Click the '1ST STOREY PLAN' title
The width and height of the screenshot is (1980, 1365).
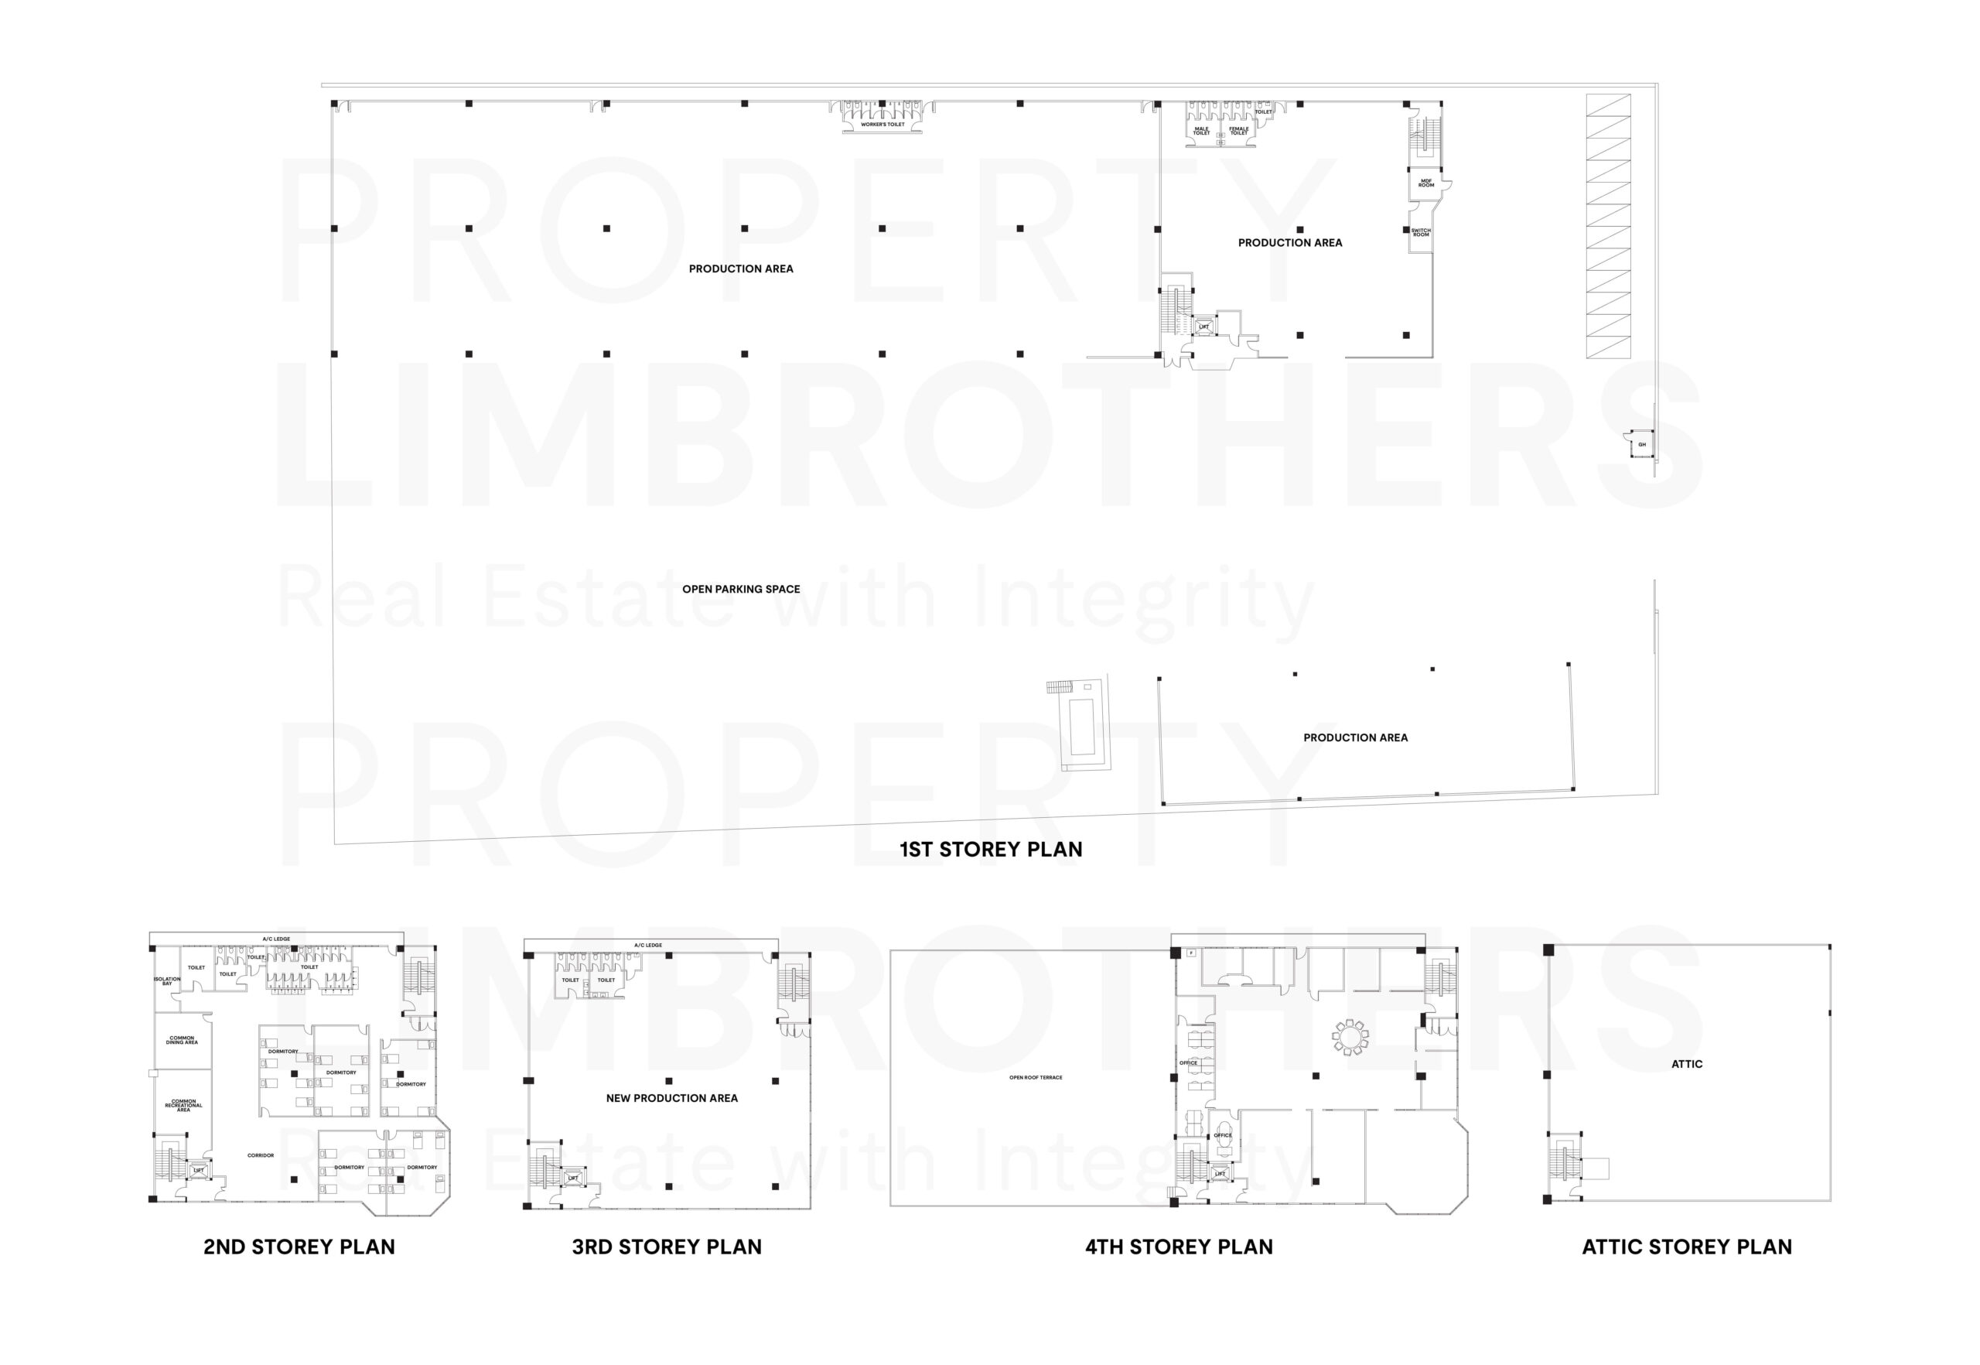pyautogui.click(x=990, y=850)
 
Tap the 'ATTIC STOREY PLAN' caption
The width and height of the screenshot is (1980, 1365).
pyautogui.click(x=1686, y=1247)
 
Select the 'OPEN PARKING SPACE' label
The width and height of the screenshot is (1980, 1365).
pyautogui.click(x=740, y=590)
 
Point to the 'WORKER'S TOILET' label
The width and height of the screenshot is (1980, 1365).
pyautogui.click(x=882, y=125)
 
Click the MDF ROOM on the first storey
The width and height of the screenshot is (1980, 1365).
pyautogui.click(x=1426, y=183)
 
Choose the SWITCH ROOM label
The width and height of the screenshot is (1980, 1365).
pyautogui.click(x=1420, y=233)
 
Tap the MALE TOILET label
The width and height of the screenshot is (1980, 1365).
pyautogui.click(x=1201, y=131)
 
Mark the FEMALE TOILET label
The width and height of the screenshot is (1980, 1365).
pyautogui.click(x=1238, y=131)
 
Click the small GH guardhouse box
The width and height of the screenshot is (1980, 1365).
pyautogui.click(x=1641, y=445)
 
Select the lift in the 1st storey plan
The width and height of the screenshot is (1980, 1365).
pyautogui.click(x=1203, y=327)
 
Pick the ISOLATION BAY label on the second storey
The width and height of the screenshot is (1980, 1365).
pyautogui.click(x=167, y=981)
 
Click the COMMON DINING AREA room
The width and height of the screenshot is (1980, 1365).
pyautogui.click(x=182, y=1041)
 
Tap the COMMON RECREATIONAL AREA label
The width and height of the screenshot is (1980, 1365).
pyautogui.click(x=183, y=1105)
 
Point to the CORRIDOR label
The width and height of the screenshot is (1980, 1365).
pyautogui.click(x=261, y=1155)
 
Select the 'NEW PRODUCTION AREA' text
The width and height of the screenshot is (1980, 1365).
pyautogui.click(x=671, y=1098)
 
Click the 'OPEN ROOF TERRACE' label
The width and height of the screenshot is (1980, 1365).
pyautogui.click(x=1036, y=1078)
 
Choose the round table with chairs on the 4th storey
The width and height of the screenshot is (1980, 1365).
pyautogui.click(x=1350, y=1038)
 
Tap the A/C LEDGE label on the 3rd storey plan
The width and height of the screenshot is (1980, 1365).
pyautogui.click(x=647, y=945)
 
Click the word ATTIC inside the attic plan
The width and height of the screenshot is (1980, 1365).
pyautogui.click(x=1686, y=1064)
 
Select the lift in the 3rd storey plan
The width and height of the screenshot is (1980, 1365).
pyautogui.click(x=573, y=1179)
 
